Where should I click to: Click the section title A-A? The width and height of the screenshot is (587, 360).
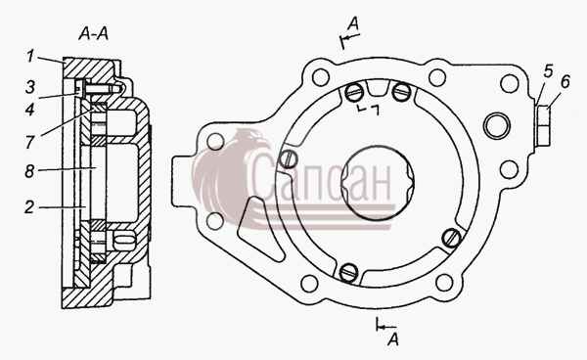(x=93, y=34)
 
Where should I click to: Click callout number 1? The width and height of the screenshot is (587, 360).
(x=30, y=57)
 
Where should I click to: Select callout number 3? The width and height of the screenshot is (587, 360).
(x=30, y=87)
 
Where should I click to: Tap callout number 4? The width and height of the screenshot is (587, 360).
(x=30, y=110)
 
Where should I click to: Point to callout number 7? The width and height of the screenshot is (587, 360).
(x=30, y=142)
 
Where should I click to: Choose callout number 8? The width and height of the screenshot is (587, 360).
(x=29, y=171)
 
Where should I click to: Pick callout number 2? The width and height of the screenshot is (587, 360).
(x=29, y=207)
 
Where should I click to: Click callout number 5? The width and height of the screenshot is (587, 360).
(x=548, y=71)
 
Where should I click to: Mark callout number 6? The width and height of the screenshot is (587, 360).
(x=565, y=82)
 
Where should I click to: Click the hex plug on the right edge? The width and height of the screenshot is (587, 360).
(x=543, y=126)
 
